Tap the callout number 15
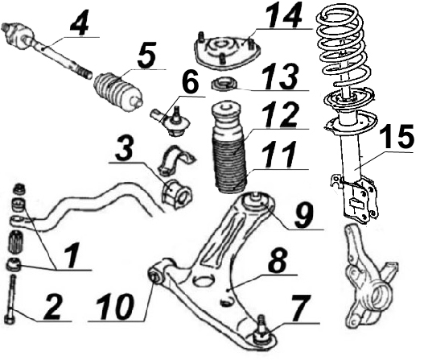coord(397,137)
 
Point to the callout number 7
coord(302,308)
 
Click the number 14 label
coord(284,15)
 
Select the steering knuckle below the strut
coord(370,276)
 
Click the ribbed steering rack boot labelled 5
coord(117,92)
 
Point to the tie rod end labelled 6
coord(171,122)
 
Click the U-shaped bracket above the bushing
coord(176,160)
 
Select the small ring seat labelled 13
coord(224,85)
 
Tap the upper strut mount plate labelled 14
coord(227,52)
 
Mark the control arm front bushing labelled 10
coord(157,275)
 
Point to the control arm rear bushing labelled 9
coord(254,201)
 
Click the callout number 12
coord(282,115)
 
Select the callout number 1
coord(72,255)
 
